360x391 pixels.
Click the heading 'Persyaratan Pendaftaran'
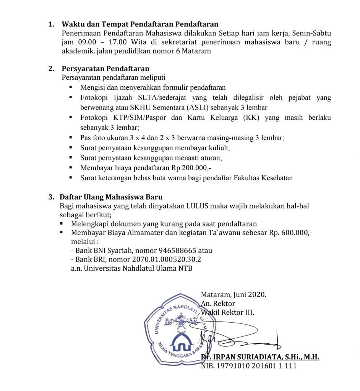coord(105,69)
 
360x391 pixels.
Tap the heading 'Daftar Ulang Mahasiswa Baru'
coord(111,197)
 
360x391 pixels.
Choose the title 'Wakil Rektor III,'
coord(227,312)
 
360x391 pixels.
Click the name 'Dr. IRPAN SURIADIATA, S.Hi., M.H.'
coord(260,357)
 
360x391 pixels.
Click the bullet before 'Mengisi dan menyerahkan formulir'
coord(70,87)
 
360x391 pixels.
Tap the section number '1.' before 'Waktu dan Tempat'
coord(51,25)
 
